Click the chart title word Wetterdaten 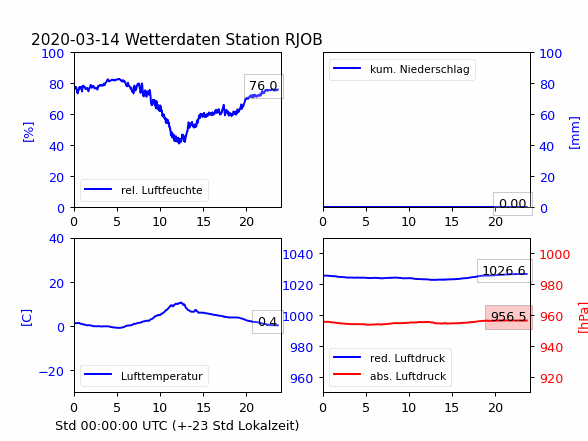[x=174, y=39]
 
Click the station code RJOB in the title [x=304, y=40]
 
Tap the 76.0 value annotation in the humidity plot [x=264, y=86]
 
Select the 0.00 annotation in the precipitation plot [x=513, y=204]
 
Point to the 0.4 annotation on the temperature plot [x=268, y=322]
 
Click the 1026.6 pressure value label [x=504, y=270]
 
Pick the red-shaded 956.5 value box [x=509, y=317]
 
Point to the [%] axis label [x=28, y=132]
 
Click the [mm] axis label [x=574, y=133]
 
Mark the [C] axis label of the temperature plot [x=27, y=318]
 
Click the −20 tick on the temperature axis [x=51, y=371]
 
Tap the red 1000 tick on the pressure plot [x=555, y=255]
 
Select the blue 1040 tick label [x=298, y=255]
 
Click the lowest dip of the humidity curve [x=179, y=143]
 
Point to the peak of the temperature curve [x=181, y=302]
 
